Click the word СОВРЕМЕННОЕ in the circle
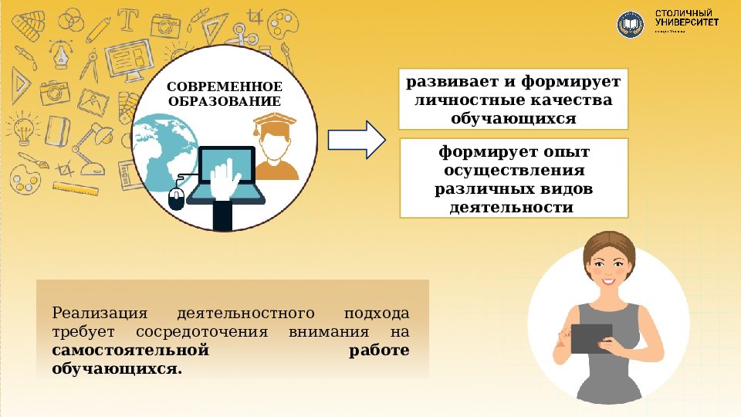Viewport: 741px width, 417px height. tap(225, 86)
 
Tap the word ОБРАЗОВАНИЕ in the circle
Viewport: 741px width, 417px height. tap(225, 101)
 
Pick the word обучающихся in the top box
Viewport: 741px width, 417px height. tap(513, 119)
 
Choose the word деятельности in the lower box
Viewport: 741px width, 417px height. tap(513, 207)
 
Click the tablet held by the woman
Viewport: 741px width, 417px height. tap(591, 338)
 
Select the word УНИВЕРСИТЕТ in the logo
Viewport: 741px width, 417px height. tap(686, 23)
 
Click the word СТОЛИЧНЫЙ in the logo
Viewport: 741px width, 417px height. tap(683, 13)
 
